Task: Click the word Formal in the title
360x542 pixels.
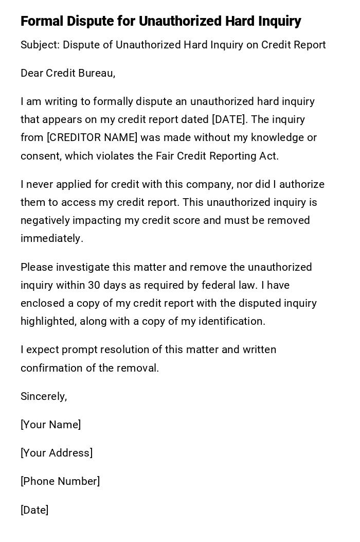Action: (x=42, y=21)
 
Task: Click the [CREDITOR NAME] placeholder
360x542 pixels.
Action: (x=92, y=137)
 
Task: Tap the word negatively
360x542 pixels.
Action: (x=45, y=220)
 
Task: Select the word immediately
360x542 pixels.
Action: (x=51, y=238)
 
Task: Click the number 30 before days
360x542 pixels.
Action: (x=94, y=285)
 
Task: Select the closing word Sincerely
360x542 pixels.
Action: (x=43, y=396)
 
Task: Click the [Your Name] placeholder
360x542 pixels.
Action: (x=50, y=425)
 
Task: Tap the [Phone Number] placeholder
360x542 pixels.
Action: (x=60, y=481)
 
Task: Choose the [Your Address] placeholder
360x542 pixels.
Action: (x=57, y=453)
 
